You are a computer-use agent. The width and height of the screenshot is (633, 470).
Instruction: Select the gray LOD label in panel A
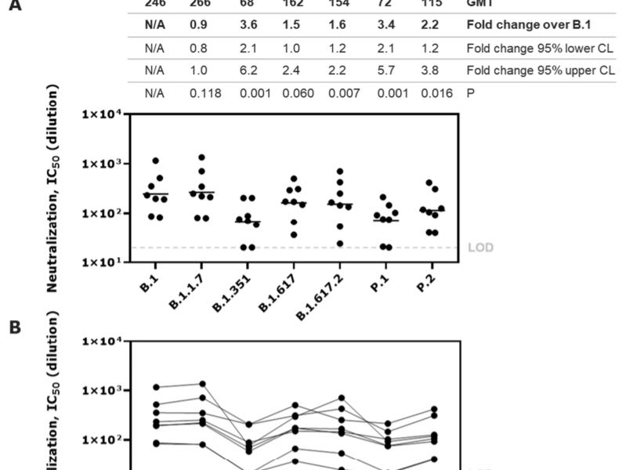(480, 248)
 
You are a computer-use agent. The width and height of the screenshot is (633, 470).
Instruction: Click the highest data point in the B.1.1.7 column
(201, 157)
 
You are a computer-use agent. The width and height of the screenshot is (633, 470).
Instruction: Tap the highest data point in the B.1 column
(156, 161)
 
